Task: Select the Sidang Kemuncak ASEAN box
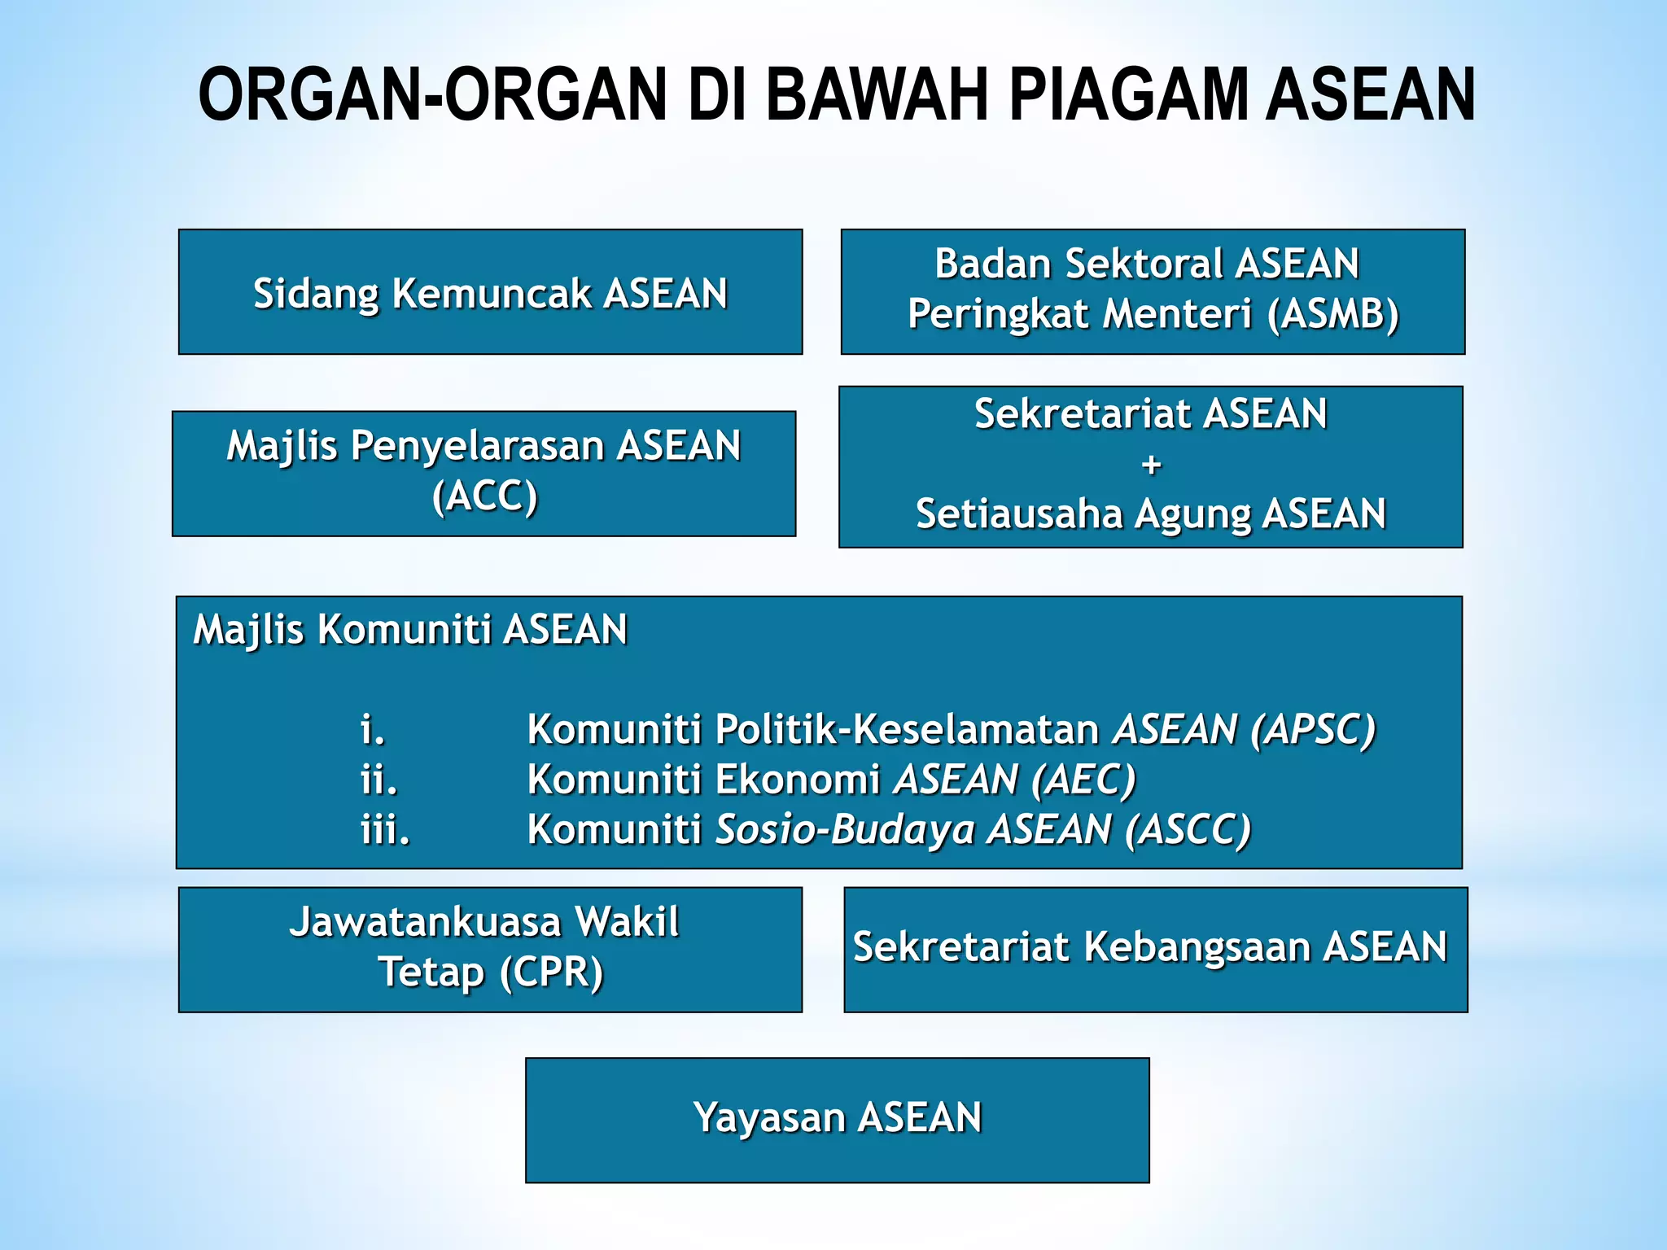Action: pyautogui.click(x=490, y=293)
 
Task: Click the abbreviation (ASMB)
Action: pyautogui.click(x=1332, y=314)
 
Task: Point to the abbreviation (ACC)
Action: pyautogui.click(x=485, y=496)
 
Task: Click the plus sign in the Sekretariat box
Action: pyautogui.click(x=1151, y=465)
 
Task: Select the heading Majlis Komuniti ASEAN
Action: pyautogui.click(x=410, y=629)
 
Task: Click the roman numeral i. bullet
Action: pyautogui.click(x=373, y=729)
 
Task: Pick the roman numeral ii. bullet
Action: pyautogui.click(x=379, y=780)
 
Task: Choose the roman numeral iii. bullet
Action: pyautogui.click(x=386, y=830)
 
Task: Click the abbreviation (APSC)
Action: pyautogui.click(x=1312, y=729)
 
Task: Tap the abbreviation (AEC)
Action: pyautogui.click(x=1083, y=780)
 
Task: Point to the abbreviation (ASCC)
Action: pyautogui.click(x=1188, y=830)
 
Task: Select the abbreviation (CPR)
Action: pyautogui.click(x=551, y=972)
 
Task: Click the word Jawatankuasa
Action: pyautogui.click(x=425, y=922)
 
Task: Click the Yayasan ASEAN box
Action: pyautogui.click(x=837, y=1119)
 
